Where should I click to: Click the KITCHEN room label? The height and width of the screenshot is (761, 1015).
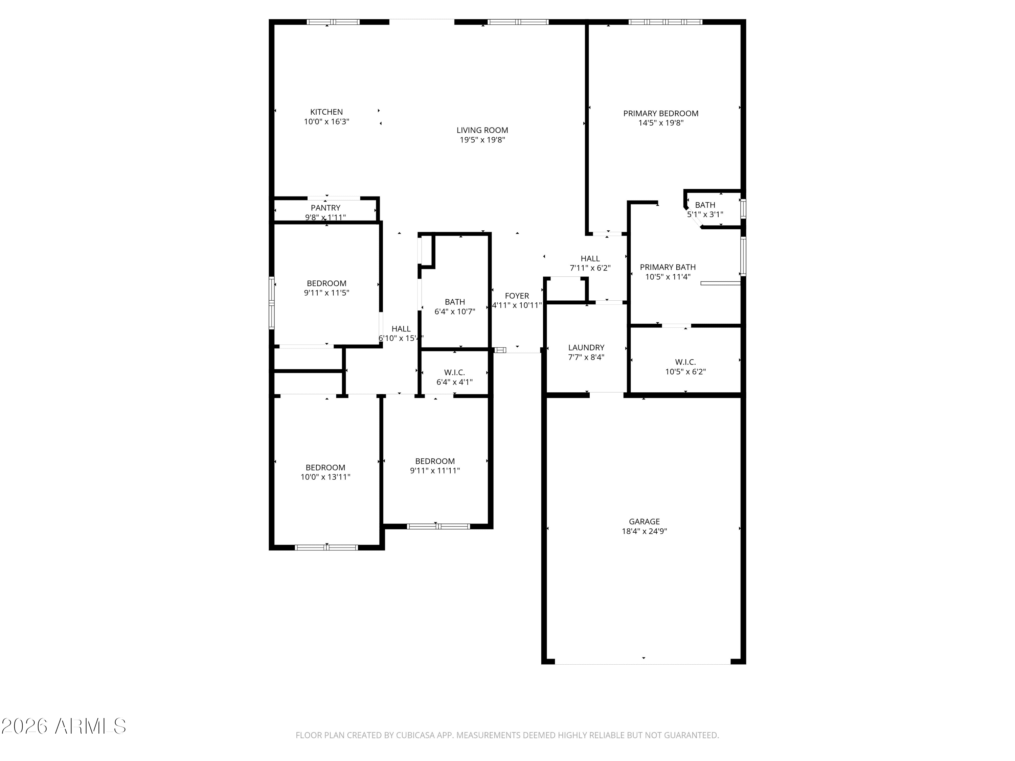click(326, 112)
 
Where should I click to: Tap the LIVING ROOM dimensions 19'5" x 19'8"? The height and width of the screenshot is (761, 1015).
click(482, 140)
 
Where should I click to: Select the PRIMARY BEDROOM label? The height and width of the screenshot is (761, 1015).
click(660, 113)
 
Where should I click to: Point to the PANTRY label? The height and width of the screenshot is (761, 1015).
click(325, 208)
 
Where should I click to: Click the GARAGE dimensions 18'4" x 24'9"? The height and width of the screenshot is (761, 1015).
click(644, 531)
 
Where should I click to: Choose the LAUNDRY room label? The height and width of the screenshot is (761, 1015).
click(586, 347)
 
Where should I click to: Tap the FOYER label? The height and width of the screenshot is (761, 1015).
click(517, 296)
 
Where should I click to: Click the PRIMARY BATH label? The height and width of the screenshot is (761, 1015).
click(667, 267)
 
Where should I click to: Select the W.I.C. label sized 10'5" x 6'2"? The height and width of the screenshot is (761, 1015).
click(685, 362)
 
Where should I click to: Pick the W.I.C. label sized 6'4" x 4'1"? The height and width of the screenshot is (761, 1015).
click(454, 372)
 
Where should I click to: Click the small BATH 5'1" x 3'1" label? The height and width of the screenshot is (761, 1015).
click(705, 205)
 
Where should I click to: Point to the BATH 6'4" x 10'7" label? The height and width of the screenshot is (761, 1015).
click(454, 302)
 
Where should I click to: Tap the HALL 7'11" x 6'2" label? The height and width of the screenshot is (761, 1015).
click(590, 258)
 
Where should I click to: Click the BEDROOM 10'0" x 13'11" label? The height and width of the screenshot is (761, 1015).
click(325, 467)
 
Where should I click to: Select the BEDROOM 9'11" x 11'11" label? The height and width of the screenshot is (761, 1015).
click(434, 461)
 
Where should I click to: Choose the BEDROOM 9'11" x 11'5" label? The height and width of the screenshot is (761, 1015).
click(326, 283)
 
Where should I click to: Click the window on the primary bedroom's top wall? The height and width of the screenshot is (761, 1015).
click(665, 22)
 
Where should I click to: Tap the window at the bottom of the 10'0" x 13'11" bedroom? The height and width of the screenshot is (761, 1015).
click(326, 547)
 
